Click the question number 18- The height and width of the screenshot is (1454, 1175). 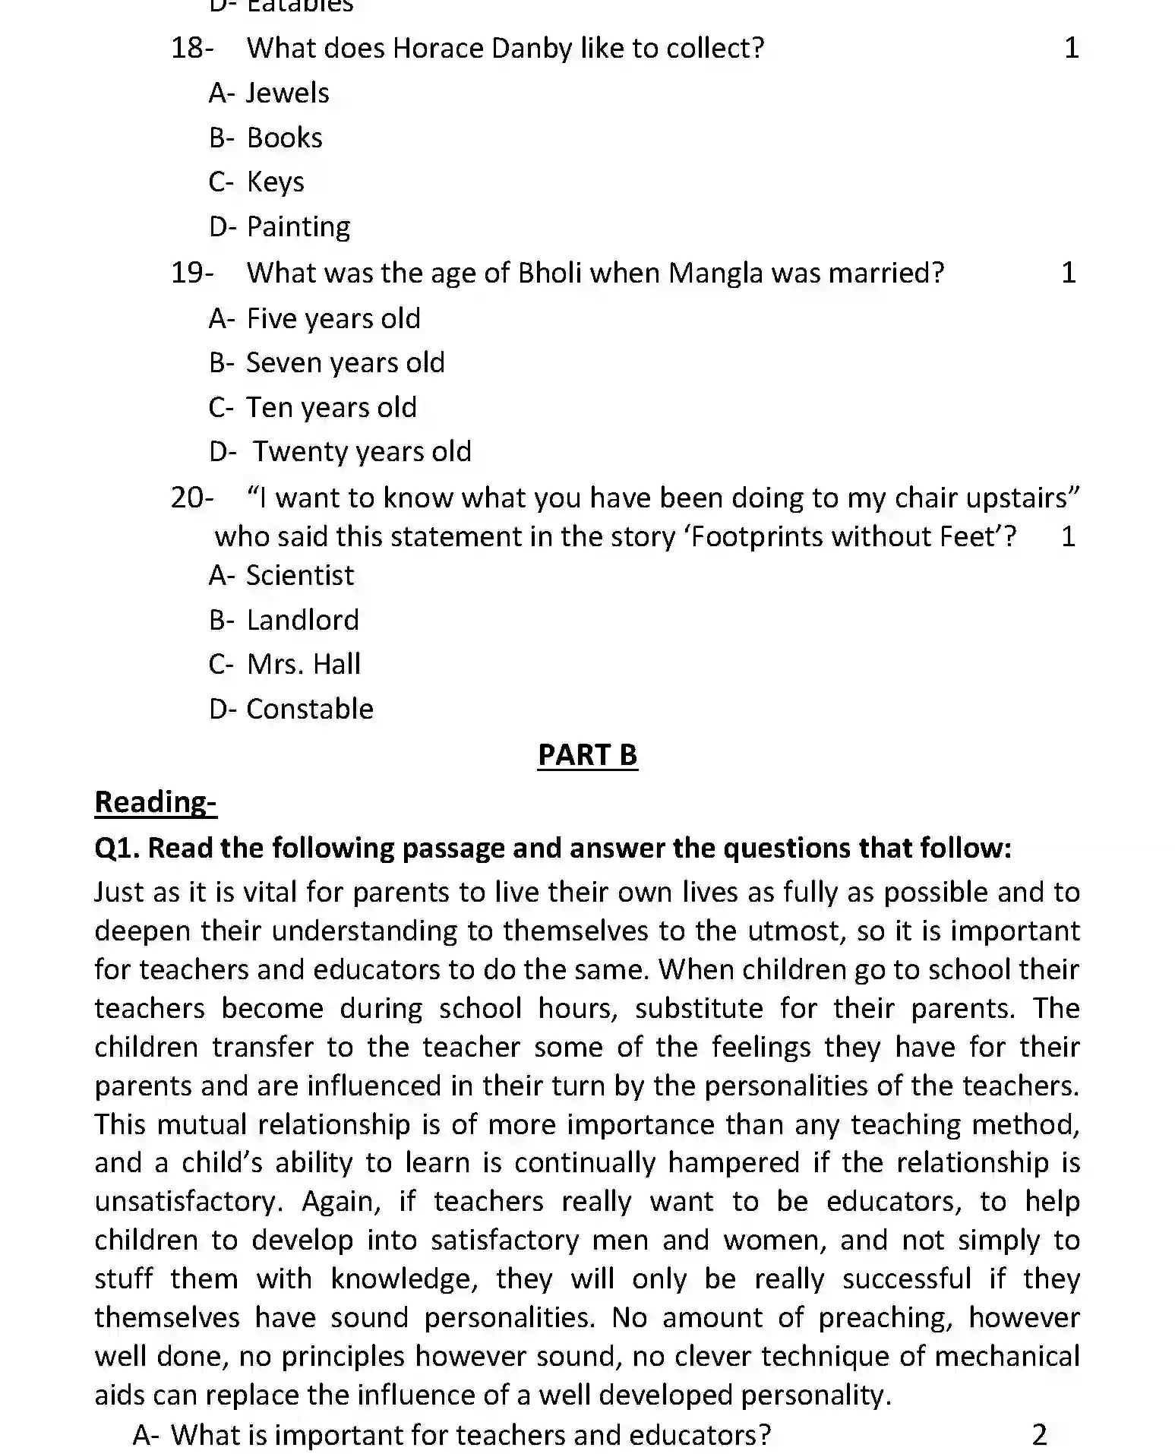coord(191,48)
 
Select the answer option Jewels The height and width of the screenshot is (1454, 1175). coord(287,93)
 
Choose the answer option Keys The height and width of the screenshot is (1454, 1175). coord(275,182)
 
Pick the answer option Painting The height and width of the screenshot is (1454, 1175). coord(298,226)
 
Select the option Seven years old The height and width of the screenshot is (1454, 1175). coord(345,362)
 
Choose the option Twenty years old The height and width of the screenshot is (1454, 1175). coord(362,451)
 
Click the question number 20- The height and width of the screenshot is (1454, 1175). coord(191,498)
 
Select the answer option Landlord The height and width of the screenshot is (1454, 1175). coord(302,620)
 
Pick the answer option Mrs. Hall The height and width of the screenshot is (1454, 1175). coord(303,664)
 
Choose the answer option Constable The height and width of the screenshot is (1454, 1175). coord(309,709)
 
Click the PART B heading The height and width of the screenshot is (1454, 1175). coord(587,755)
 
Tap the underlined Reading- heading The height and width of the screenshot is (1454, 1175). coord(156,801)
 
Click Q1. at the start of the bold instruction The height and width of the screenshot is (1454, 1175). coord(117,848)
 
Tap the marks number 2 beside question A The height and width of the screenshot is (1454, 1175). coord(1039,1434)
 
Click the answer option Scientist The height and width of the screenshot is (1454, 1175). coord(299,575)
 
